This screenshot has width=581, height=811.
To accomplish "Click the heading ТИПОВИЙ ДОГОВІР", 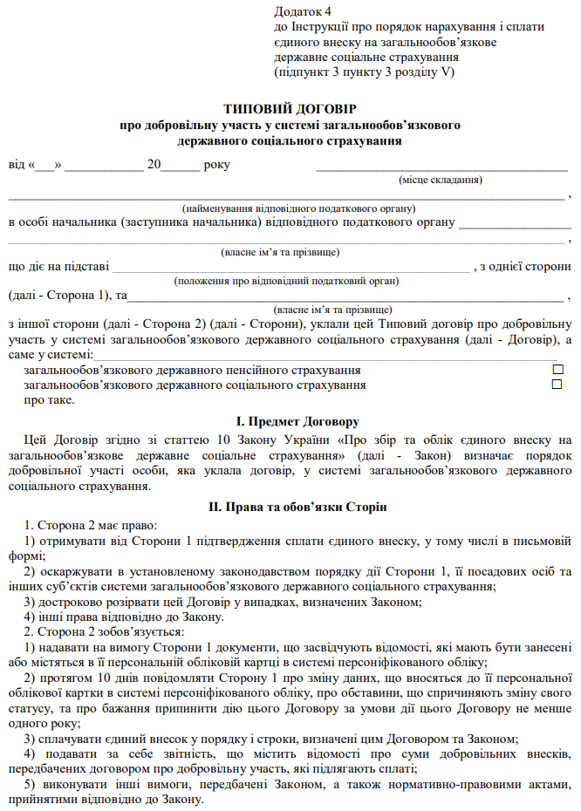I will (x=290, y=109).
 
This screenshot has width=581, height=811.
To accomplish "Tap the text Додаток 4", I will (x=303, y=11).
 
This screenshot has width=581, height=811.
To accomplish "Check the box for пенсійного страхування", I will (x=557, y=370).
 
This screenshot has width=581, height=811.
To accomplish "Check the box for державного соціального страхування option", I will (x=557, y=385).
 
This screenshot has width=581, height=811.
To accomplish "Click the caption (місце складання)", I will (x=441, y=180).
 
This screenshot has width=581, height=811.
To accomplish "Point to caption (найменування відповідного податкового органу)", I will (x=298, y=208).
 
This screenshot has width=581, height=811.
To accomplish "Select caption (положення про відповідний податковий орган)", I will (x=286, y=281).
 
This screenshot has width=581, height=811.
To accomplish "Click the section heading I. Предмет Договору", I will (x=291, y=421).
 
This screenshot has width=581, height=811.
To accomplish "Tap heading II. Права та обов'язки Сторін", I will (x=291, y=507).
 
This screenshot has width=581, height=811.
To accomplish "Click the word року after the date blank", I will (x=216, y=165).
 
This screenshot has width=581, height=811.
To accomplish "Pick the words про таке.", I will (x=49, y=400).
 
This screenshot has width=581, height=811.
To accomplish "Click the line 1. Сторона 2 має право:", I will (x=91, y=526).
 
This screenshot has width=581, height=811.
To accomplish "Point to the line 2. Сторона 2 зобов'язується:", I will (x=104, y=631).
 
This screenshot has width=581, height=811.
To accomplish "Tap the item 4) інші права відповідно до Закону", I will (x=124, y=617).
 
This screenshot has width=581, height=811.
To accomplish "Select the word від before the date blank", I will (x=17, y=165).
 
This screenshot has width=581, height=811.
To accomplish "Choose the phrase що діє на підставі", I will (x=58, y=267).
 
